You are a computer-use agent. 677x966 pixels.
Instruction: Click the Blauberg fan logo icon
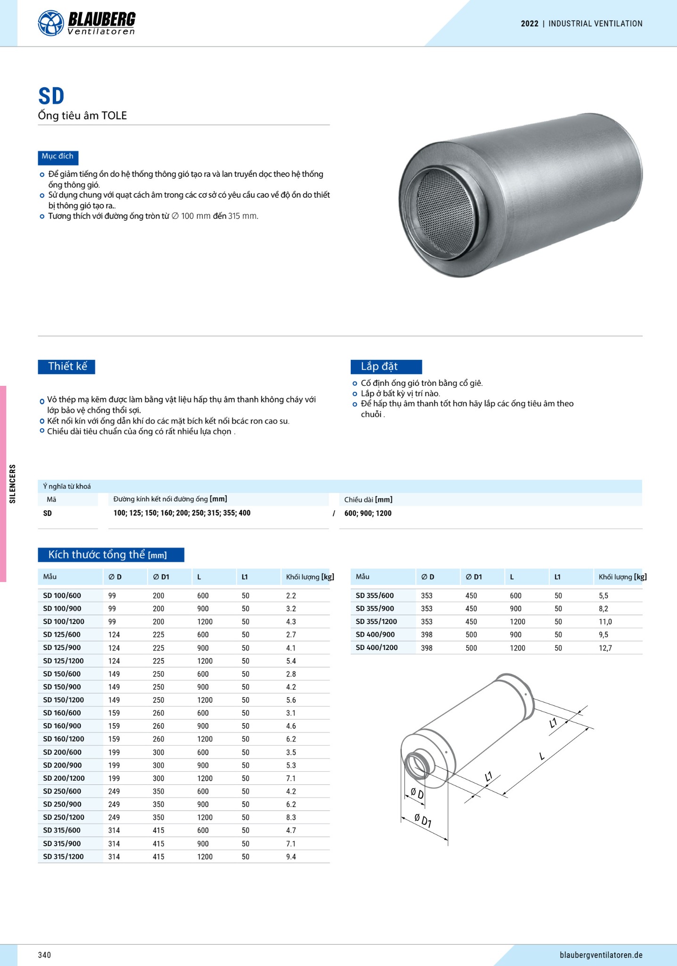click(50, 23)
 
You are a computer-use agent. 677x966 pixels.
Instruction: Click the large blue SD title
click(51, 96)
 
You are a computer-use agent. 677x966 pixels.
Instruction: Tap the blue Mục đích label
click(58, 157)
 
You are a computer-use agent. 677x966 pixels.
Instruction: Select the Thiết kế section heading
click(67, 366)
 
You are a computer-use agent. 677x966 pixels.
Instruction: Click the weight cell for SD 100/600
click(291, 596)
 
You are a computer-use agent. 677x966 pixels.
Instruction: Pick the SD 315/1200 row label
click(63, 857)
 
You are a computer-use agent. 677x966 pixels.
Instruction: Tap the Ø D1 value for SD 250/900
click(158, 804)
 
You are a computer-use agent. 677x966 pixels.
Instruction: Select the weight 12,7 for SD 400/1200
click(605, 648)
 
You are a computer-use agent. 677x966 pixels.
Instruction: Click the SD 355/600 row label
click(375, 596)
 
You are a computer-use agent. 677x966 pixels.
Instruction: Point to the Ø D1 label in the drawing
click(423, 821)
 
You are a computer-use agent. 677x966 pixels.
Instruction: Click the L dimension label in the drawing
click(542, 757)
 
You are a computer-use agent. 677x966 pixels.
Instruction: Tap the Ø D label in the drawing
click(417, 794)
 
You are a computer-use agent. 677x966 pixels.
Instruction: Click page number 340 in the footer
click(44, 955)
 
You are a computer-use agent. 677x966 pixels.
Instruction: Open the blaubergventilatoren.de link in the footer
click(601, 955)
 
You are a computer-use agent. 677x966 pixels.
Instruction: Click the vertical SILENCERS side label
click(13, 483)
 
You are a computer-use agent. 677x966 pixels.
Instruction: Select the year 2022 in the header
click(529, 24)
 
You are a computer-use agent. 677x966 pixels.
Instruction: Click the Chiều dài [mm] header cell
click(368, 500)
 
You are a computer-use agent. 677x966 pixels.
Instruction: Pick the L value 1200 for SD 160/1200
click(205, 739)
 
